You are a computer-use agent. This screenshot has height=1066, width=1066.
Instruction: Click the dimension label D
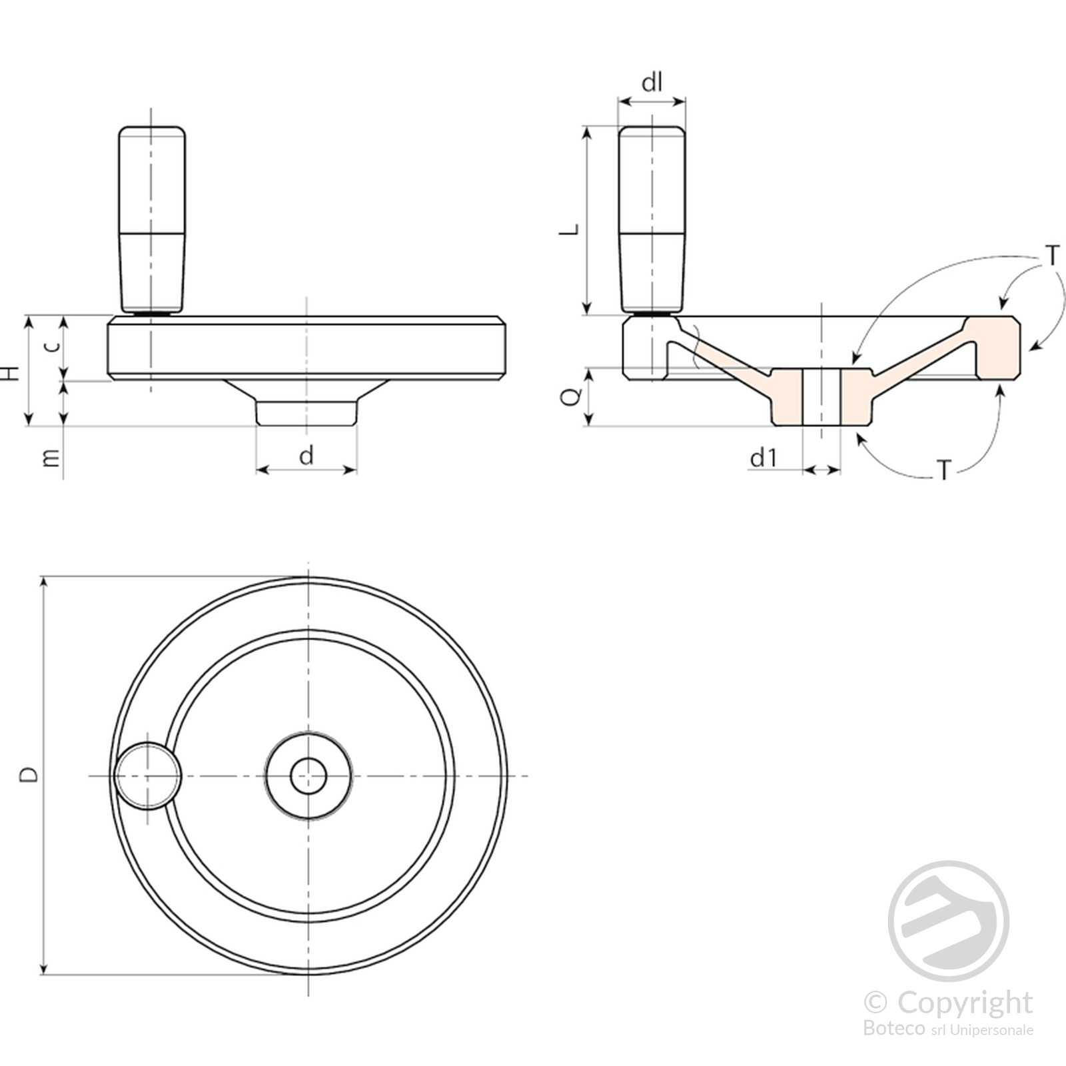[x=29, y=775]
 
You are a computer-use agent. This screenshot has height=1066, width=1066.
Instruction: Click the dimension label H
[x=11, y=372]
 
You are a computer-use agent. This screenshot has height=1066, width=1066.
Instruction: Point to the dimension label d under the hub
[x=306, y=455]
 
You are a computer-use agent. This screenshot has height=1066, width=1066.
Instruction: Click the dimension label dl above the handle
[x=652, y=82]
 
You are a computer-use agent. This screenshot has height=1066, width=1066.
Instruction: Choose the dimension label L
[x=569, y=230]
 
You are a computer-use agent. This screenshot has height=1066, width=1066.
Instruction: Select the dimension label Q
[x=571, y=396]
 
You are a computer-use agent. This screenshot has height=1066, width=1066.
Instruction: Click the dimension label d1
[x=764, y=458]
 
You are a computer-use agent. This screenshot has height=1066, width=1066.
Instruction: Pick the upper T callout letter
[x=1052, y=255]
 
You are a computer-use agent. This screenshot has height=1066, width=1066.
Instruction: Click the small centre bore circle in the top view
[x=308, y=776]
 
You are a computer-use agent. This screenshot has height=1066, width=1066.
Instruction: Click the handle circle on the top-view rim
[x=147, y=776]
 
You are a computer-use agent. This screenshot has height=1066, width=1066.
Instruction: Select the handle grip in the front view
[x=152, y=220]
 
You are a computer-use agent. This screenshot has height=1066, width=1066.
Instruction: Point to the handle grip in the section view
[x=652, y=220]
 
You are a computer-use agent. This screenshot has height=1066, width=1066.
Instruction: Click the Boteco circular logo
[x=948, y=921]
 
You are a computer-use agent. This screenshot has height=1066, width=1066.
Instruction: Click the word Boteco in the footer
[x=893, y=1028]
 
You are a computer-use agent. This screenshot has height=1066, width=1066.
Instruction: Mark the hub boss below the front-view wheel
[x=306, y=402]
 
